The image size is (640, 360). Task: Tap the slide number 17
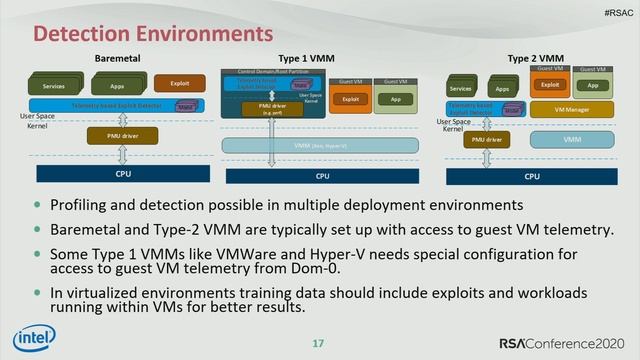[319, 346]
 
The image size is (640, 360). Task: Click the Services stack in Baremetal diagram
[64, 87]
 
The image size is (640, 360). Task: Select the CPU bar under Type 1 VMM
[322, 176]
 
